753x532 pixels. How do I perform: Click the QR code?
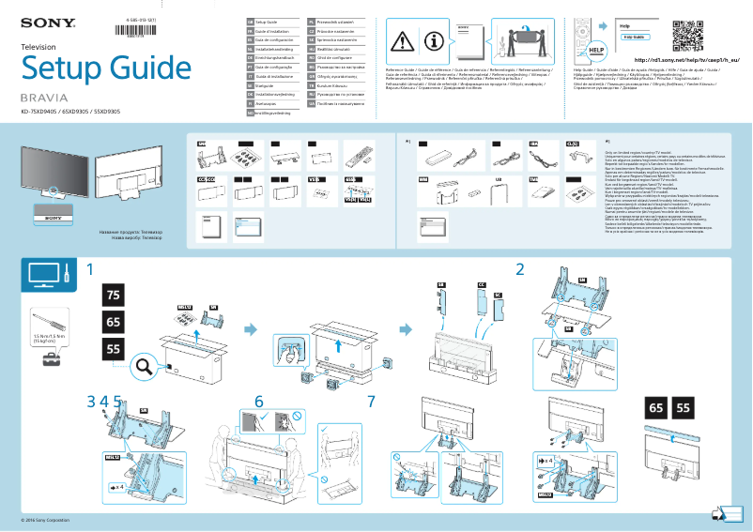[689, 30]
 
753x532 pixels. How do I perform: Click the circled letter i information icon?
[433, 41]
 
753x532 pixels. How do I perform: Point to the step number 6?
[259, 401]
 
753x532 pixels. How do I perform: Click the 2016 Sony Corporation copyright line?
[45, 521]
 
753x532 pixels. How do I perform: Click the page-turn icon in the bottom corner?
[720, 514]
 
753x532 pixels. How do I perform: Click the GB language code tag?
[250, 21]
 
